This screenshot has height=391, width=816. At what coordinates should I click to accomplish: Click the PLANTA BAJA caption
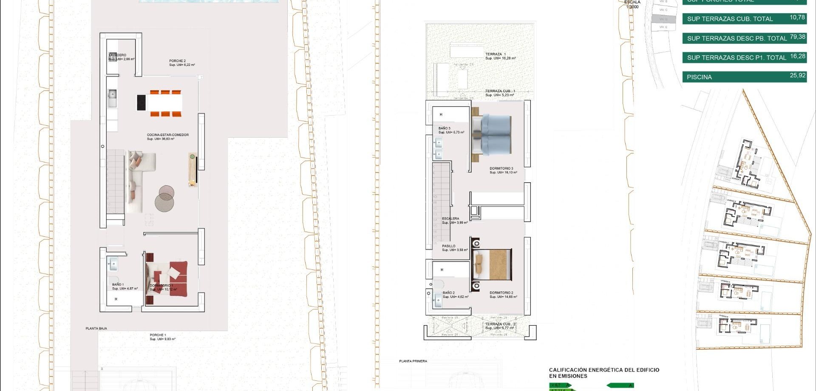[96, 329]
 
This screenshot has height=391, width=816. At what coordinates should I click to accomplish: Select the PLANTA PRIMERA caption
[413, 361]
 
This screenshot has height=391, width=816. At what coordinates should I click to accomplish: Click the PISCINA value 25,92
[797, 76]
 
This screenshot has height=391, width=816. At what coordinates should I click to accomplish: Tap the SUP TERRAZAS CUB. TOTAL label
[730, 19]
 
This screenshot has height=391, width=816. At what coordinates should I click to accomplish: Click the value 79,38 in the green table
[797, 37]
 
